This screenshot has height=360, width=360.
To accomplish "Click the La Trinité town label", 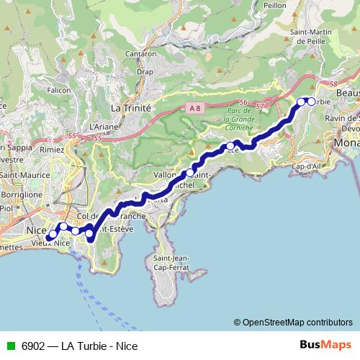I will tap(130, 107).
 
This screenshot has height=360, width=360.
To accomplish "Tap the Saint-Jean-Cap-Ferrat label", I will tap(171, 264).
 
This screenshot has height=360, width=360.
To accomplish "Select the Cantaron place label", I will tap(141, 54).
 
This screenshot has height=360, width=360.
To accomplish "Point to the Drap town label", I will tap(145, 72).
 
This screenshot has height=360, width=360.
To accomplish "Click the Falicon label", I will tap(59, 90).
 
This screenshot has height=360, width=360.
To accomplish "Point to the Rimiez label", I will tap(53, 149).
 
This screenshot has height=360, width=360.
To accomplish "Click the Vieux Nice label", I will tap(50, 245).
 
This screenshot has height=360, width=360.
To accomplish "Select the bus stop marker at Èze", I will tap(230, 147).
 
